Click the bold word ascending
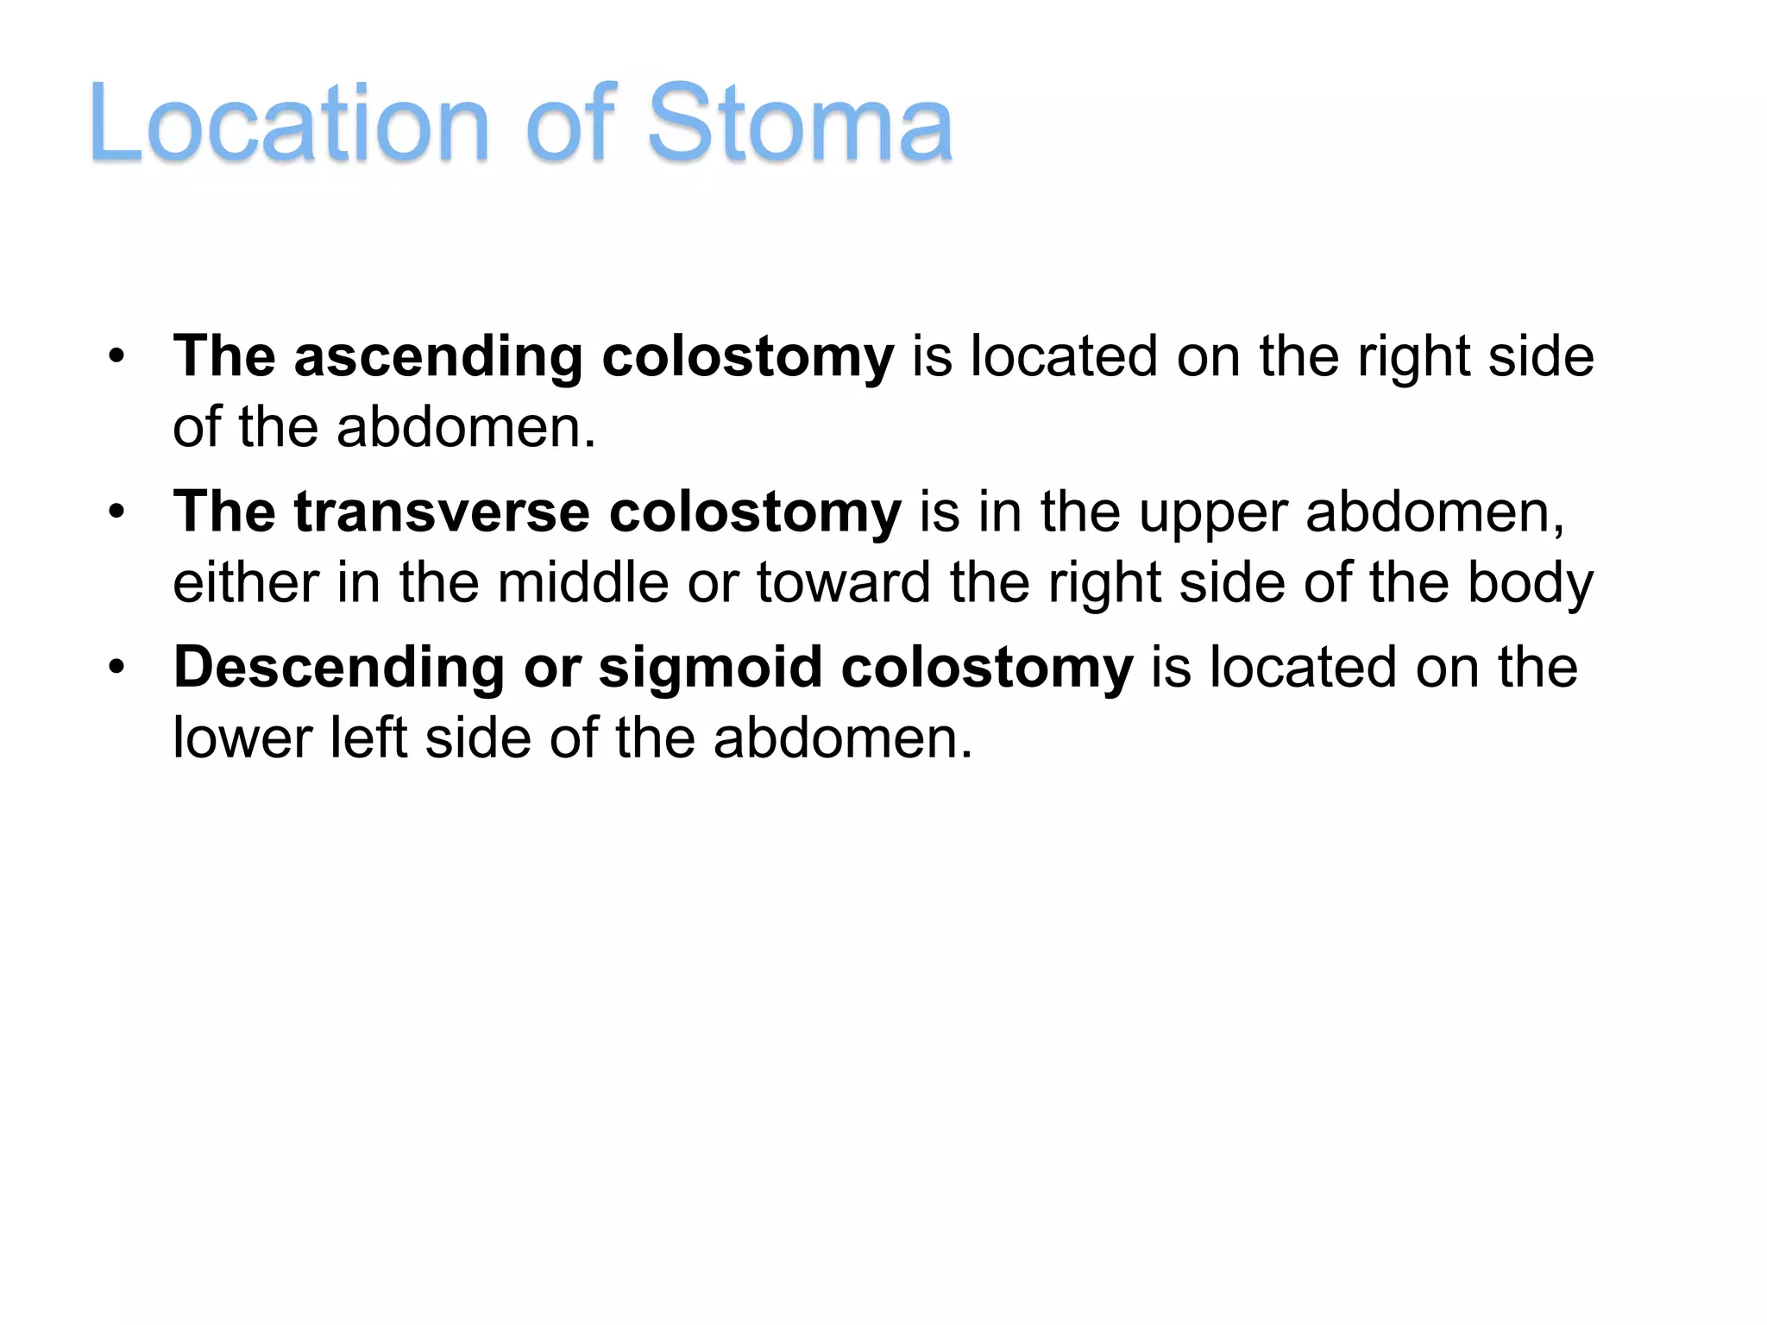coord(438,356)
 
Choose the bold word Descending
coord(339,667)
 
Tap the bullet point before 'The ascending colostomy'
coord(117,356)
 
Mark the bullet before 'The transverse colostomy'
coord(117,512)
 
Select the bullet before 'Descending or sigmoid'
coord(117,667)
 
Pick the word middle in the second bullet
coord(582,582)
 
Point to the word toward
coord(843,582)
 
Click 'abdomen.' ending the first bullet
coord(466,427)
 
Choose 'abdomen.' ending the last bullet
coord(843,738)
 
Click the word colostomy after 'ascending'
coord(747,356)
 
